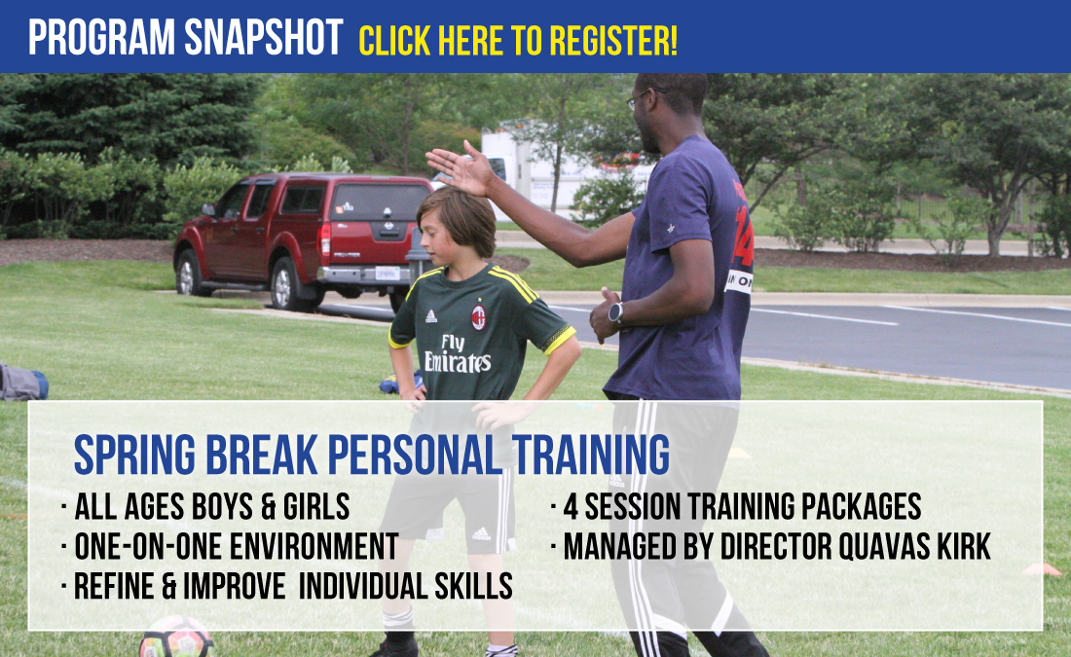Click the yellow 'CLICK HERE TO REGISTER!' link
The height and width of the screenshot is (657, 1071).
point(518,40)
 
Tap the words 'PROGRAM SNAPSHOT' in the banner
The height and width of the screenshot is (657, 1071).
point(185,37)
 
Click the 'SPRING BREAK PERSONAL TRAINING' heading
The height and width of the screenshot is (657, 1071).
point(372,455)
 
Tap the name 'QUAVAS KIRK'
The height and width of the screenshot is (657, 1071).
point(914,546)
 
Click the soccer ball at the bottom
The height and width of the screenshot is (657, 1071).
point(176,638)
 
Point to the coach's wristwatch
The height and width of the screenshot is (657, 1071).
point(615,312)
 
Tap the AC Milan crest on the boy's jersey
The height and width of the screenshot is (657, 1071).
point(478,317)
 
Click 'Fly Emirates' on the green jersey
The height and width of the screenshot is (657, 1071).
point(457,354)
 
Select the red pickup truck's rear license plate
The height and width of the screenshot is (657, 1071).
point(388,274)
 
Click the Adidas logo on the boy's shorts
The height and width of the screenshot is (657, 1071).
point(481,533)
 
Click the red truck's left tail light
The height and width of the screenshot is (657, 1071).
point(326,239)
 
